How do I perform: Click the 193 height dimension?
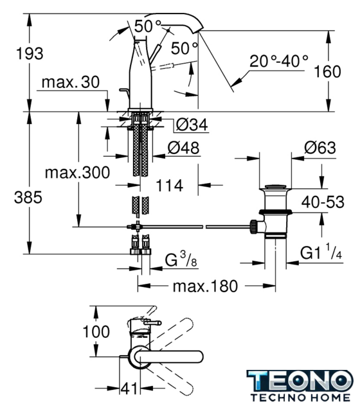[30, 53]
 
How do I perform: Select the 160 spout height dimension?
[327, 71]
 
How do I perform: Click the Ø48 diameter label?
[184, 148]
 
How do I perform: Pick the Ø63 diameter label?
[320, 148]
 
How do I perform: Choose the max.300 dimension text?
[77, 173]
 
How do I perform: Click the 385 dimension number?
[28, 197]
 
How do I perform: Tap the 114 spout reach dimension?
[170, 186]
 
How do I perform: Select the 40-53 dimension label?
[323, 202]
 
